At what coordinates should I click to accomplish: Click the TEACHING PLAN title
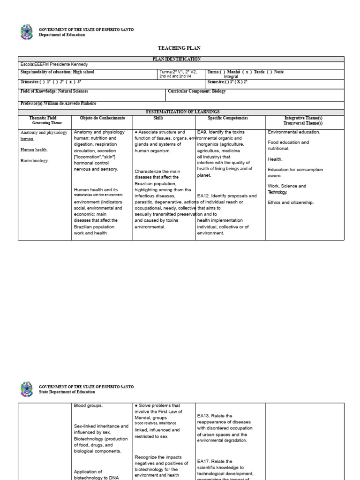180,48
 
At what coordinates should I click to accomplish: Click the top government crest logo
27,32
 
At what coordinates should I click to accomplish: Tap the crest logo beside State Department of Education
27,389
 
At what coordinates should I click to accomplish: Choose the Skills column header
158,118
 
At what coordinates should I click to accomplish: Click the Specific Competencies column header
228,118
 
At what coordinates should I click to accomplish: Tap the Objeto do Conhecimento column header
103,118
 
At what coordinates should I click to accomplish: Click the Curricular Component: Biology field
196,91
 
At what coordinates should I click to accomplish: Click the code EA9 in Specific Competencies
202,132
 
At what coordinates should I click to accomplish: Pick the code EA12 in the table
203,196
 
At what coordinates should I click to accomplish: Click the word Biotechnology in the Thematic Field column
35,161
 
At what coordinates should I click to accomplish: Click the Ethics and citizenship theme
291,202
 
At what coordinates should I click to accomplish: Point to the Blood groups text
88,406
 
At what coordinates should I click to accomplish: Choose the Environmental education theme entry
294,132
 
